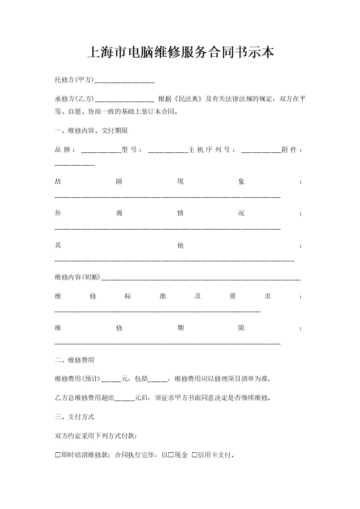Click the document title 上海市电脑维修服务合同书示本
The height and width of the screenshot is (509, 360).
(x=180, y=53)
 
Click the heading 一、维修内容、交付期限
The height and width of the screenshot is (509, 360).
(x=91, y=131)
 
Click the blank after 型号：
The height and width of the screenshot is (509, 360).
(x=168, y=150)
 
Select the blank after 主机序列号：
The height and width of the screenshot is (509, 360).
(x=261, y=150)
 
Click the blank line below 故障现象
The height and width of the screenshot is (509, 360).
(x=167, y=196)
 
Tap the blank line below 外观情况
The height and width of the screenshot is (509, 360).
(x=167, y=228)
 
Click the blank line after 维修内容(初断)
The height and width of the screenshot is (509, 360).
(x=200, y=278)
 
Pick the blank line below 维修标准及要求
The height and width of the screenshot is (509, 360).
(x=157, y=311)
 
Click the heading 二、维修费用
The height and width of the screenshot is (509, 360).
(x=74, y=360)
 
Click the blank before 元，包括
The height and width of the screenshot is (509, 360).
(x=111, y=379)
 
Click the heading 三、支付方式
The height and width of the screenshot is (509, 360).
(x=74, y=417)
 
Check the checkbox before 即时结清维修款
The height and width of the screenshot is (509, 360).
(x=58, y=455)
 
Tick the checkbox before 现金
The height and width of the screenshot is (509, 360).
(x=171, y=455)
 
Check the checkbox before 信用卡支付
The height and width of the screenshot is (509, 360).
(x=194, y=455)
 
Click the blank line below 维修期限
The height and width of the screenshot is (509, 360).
(x=167, y=343)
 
